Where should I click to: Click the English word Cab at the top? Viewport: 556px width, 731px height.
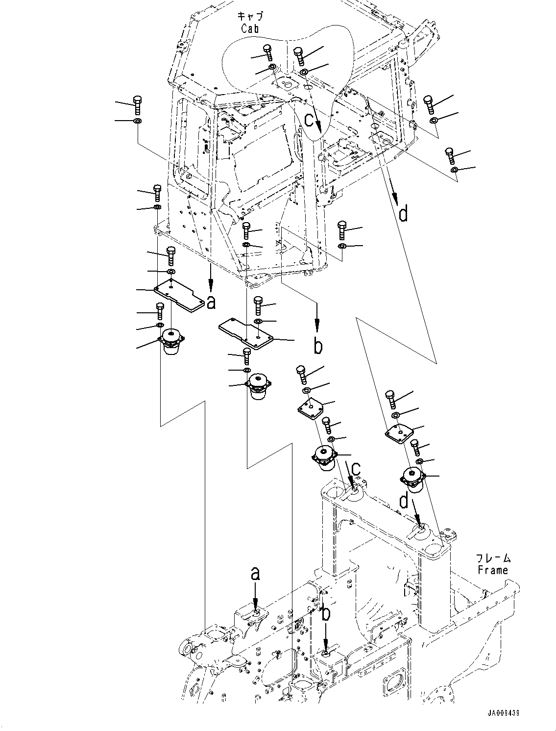pyautogui.click(x=249, y=28)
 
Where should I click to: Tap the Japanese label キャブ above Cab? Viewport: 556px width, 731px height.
pyautogui.click(x=249, y=16)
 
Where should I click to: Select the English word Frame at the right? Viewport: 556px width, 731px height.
pyautogui.click(x=493, y=570)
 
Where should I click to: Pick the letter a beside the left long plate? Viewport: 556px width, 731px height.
pyautogui.click(x=211, y=303)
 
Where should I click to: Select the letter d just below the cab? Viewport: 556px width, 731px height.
pyautogui.click(x=403, y=214)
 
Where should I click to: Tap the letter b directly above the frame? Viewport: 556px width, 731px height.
pyautogui.click(x=325, y=613)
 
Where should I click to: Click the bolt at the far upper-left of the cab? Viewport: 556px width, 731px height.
pyautogui.click(x=137, y=105)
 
